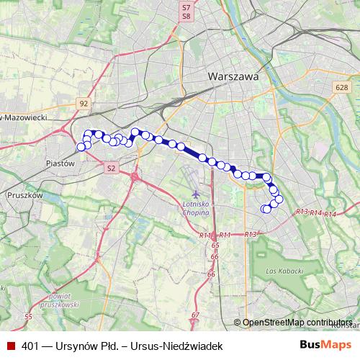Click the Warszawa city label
pos(231,76)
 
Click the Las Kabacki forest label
pos(281,271)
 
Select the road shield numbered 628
pos(341,87)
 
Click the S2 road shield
pos(110,168)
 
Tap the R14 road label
pos(330,215)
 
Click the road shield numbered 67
pos(196,315)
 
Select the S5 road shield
pos(28,317)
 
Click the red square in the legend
pos(11,346)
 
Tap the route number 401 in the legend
pos(30,346)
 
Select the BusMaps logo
pos(325,345)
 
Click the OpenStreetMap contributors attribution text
pos(297,322)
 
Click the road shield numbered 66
pos(211,274)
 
